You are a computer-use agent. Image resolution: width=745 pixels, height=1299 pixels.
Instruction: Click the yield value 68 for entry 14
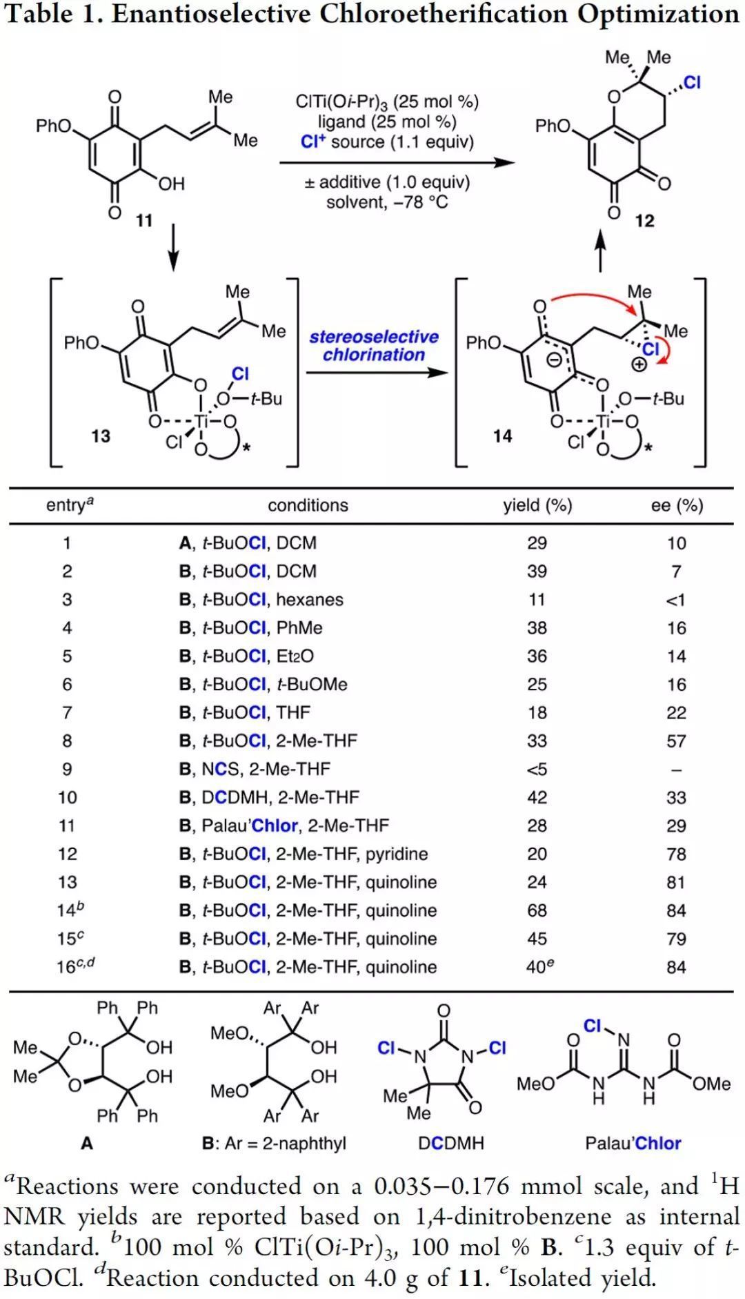click(537, 910)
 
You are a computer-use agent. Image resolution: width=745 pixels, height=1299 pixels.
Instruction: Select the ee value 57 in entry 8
click(676, 741)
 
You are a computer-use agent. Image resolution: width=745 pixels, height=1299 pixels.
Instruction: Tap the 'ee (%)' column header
click(677, 505)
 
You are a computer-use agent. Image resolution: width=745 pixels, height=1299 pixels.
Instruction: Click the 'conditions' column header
click(308, 505)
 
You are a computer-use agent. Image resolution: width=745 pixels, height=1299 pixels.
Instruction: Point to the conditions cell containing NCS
click(255, 769)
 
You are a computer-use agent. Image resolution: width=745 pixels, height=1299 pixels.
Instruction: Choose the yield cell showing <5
click(537, 769)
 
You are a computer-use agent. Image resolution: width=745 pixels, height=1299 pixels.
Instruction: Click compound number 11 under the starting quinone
click(143, 220)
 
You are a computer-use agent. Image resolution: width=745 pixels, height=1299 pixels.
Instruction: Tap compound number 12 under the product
click(644, 220)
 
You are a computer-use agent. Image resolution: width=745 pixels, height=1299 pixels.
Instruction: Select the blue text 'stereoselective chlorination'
click(374, 346)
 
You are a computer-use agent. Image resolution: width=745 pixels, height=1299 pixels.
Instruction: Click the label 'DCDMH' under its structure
click(450, 1143)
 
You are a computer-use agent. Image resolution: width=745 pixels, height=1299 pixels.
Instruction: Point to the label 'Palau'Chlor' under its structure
click(633, 1143)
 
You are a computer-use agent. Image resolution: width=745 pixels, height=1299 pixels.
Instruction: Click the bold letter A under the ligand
click(87, 1143)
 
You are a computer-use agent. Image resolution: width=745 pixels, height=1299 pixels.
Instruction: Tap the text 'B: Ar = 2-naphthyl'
click(274, 1143)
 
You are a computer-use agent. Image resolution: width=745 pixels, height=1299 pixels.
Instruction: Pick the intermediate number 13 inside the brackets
click(101, 436)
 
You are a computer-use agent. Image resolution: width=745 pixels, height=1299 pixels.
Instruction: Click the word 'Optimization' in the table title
click(658, 14)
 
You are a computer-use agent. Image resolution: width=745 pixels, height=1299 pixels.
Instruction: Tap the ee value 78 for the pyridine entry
click(676, 854)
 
